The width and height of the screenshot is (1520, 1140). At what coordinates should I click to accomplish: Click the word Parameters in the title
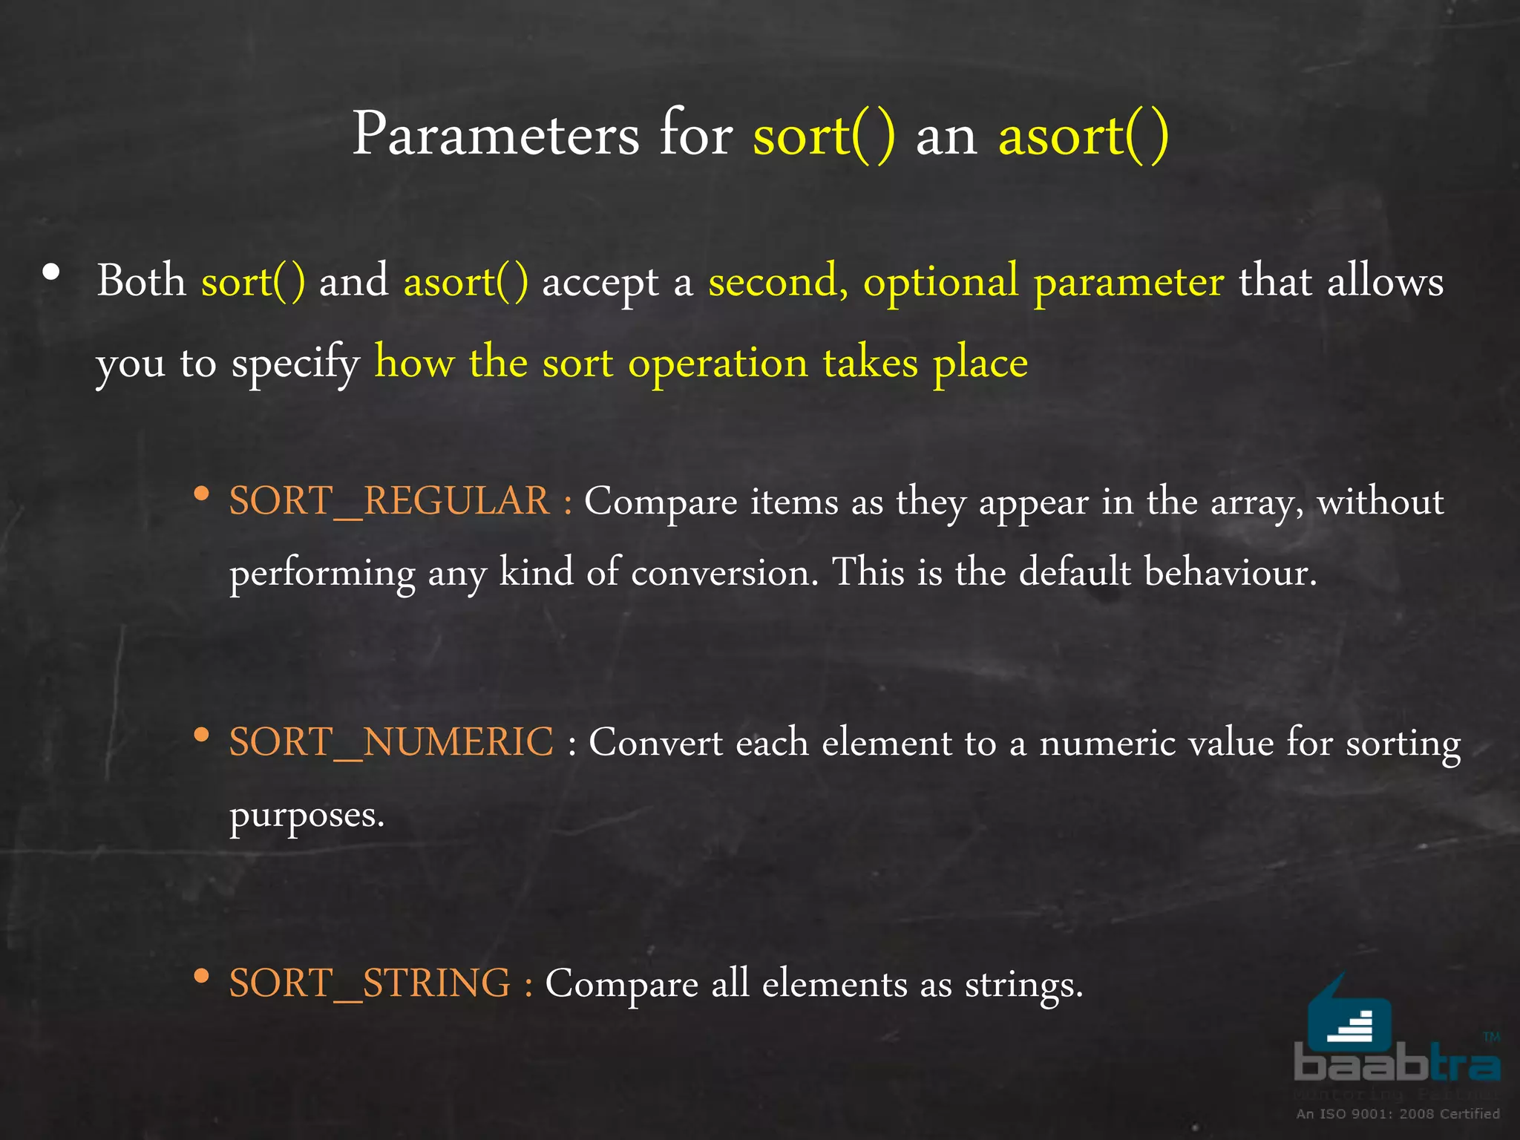[495, 134]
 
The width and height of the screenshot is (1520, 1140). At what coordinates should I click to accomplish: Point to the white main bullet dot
[51, 272]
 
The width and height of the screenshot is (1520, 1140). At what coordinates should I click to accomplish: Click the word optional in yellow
[940, 282]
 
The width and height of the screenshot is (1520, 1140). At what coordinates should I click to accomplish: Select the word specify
[295, 364]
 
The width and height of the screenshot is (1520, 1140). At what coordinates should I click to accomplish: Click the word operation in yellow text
[718, 364]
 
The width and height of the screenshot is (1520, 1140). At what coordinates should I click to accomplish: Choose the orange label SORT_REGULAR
[389, 500]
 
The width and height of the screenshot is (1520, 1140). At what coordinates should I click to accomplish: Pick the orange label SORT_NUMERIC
[391, 741]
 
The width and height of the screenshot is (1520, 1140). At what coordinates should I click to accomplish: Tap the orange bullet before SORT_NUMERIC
[200, 735]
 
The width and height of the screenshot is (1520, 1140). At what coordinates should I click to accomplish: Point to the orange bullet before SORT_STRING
[200, 976]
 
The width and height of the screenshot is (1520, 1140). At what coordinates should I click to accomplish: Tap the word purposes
[307, 816]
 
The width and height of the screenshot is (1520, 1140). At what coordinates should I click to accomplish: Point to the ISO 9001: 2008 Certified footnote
[1398, 1113]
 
